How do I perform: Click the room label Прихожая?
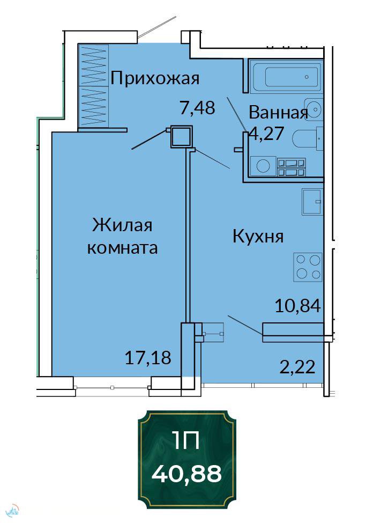point(155,78)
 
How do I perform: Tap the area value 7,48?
point(197,107)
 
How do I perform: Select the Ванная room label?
point(278,113)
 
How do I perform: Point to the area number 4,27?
point(267,134)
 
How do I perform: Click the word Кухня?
point(258,237)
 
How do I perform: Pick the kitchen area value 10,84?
point(297,306)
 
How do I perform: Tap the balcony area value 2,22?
point(297,367)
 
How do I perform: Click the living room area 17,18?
point(148,358)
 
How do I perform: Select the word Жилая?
point(122,225)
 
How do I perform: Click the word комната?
point(122,248)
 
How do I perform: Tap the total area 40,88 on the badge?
point(186,474)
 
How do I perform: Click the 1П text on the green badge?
point(186,440)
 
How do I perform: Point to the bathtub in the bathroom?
point(286,76)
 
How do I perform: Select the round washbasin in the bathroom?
point(313,109)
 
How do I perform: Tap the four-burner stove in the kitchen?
point(308,267)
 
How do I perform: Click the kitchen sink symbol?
point(312,202)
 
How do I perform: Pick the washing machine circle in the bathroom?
point(263,166)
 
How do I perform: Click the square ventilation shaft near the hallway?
point(181,136)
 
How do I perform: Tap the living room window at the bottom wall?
point(112,387)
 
